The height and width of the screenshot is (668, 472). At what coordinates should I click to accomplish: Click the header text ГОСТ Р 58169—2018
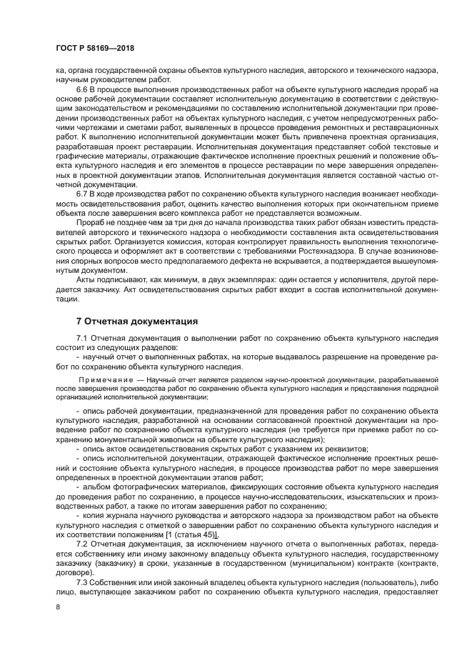[95, 48]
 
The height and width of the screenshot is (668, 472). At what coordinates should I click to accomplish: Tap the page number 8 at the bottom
[58, 607]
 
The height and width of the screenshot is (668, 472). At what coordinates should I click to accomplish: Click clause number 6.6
[82, 90]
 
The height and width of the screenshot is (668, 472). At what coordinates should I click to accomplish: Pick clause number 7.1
[82, 337]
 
